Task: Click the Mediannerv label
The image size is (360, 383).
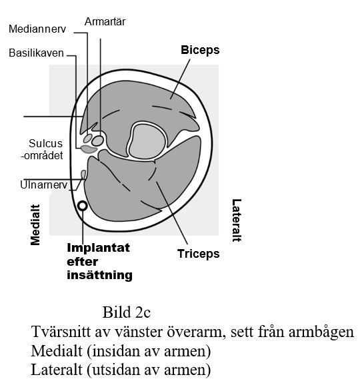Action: point(37,29)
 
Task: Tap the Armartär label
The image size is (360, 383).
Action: point(105,22)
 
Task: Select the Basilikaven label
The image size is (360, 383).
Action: point(36,53)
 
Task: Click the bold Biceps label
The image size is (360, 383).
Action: point(200,51)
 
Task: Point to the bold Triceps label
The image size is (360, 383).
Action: point(199,254)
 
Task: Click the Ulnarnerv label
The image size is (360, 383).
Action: point(43,185)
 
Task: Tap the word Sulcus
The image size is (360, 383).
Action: point(46,143)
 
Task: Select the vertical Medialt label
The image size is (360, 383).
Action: point(35,224)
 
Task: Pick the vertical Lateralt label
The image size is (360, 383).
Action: point(237,220)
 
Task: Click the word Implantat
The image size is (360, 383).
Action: point(98,248)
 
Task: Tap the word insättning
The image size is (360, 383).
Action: point(100,275)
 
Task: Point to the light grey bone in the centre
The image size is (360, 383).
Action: point(147,141)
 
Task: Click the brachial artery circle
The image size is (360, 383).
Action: point(97,141)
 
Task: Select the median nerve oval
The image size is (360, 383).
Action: point(88,139)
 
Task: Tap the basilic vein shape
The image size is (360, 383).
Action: point(89,149)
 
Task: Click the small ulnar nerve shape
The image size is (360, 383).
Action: point(83,175)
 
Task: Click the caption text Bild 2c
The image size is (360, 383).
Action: point(127,312)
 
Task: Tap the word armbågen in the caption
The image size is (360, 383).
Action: point(321,332)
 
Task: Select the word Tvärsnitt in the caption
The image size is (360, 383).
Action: point(61,332)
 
